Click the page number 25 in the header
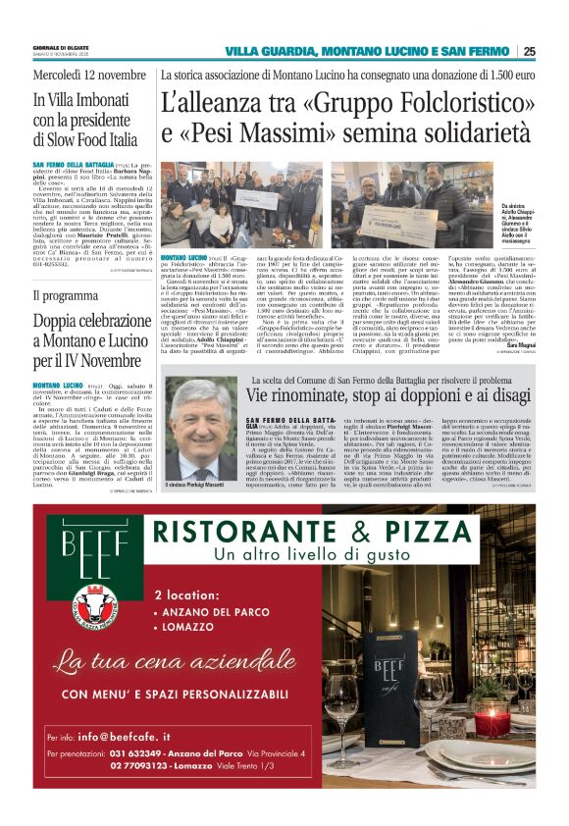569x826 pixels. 529,51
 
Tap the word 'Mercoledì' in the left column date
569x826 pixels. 57,76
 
